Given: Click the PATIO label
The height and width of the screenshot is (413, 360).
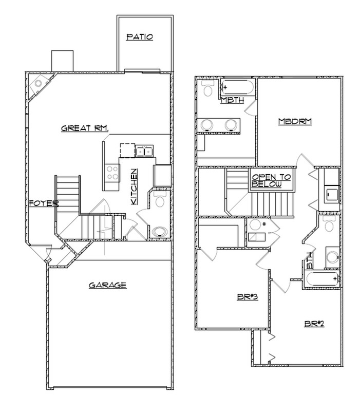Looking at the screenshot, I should pyautogui.click(x=140, y=37).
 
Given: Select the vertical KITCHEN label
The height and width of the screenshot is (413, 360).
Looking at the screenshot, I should pyautogui.click(x=133, y=187).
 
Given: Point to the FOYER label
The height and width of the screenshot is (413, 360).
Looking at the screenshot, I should pyautogui.click(x=43, y=203).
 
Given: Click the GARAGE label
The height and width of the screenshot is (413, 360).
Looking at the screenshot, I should pyautogui.click(x=107, y=285).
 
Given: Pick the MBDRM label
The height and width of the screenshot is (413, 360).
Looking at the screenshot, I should pyautogui.click(x=295, y=122).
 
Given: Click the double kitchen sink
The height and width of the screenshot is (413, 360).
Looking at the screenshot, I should pyautogui.click(x=144, y=151).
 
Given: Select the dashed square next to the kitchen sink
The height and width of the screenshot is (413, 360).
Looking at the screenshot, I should pyautogui.click(x=127, y=150).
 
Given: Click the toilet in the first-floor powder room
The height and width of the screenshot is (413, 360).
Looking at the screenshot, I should pyautogui.click(x=159, y=200).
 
